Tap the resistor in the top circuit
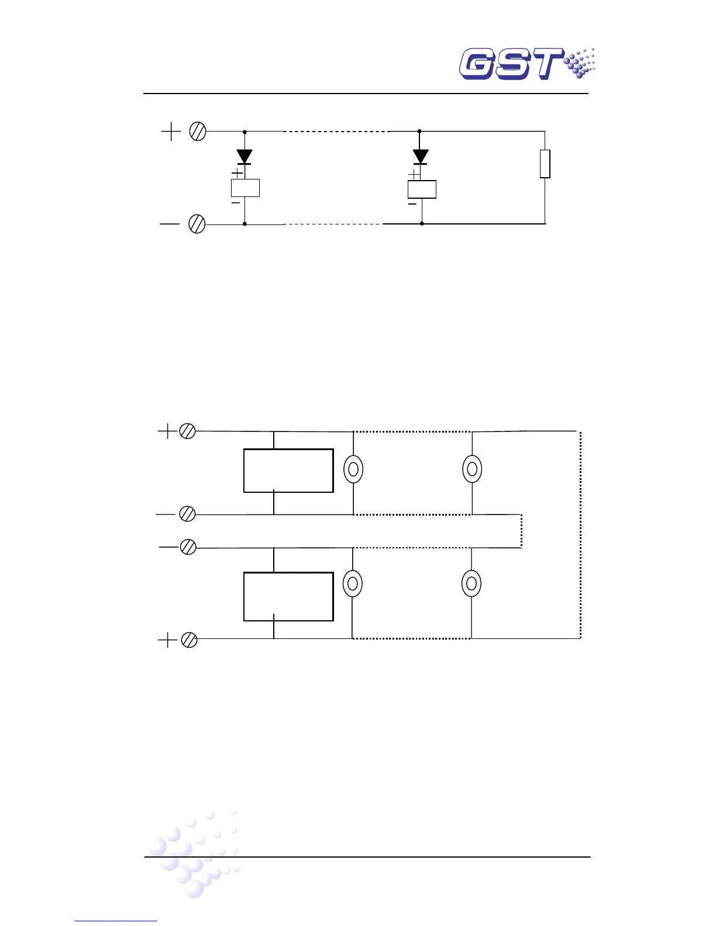tap(545, 164)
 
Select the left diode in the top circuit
tap(245, 157)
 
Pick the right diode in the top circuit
tap(420, 157)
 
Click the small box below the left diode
tap(245, 188)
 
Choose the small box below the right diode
tap(422, 189)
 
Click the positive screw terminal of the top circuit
tap(198, 132)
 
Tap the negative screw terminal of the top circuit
tap(197, 224)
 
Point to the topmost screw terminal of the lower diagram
tap(187, 431)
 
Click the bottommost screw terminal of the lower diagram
tap(189, 640)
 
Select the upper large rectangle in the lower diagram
tap(288, 471)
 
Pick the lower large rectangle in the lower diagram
tap(288, 596)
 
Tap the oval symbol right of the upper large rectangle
tap(353, 469)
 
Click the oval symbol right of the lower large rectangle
tap(352, 583)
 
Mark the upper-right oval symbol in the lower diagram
tap(472, 469)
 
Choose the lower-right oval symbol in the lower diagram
tap(471, 583)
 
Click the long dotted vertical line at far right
tap(580, 535)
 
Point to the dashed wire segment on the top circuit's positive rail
tap(336, 132)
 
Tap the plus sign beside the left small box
tap(237, 173)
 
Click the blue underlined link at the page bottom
tap(116, 921)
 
